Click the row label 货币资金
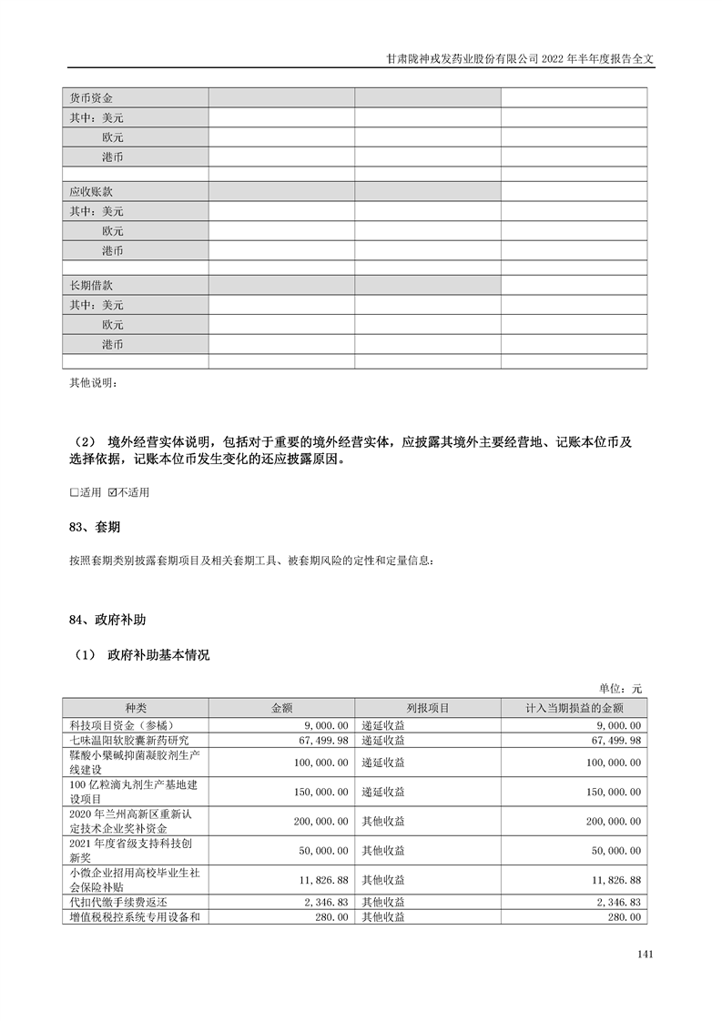click(91, 97)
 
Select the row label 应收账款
click(91, 192)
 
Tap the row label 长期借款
click(91, 286)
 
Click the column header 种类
click(135, 708)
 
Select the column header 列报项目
click(427, 708)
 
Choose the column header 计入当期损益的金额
click(574, 708)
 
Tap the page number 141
click(646, 955)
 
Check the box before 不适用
click(112, 492)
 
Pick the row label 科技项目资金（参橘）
click(127, 725)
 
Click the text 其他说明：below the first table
click(94, 382)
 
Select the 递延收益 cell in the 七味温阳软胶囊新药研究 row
click(383, 741)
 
